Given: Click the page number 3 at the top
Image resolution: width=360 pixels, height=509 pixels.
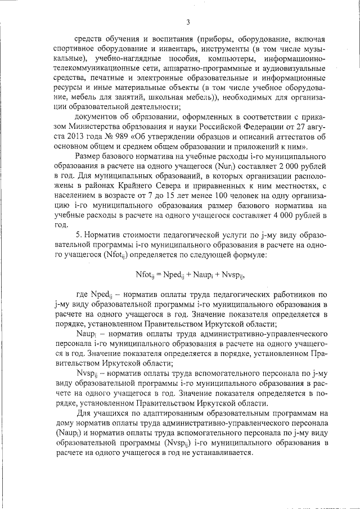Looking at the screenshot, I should pos(188,22).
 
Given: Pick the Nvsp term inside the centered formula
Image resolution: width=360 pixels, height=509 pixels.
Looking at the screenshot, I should pos(232,275).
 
